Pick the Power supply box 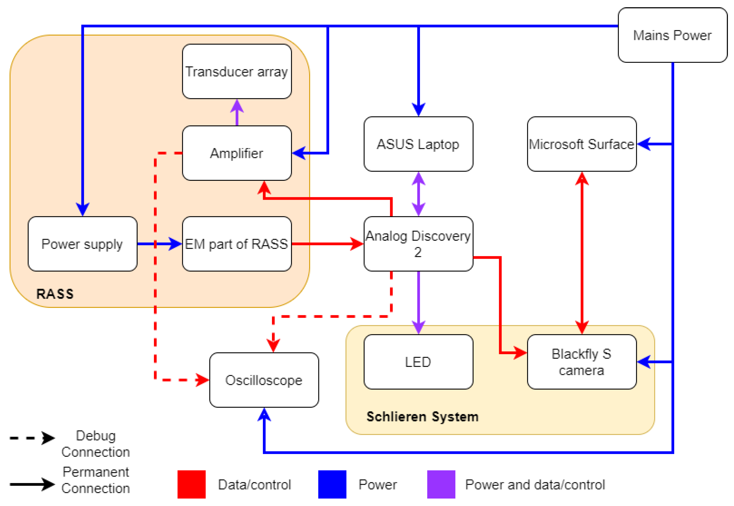click(83, 244)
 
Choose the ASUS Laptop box click(418, 144)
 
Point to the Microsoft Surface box click(581, 144)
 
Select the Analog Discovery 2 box click(418, 244)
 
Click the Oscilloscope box click(264, 380)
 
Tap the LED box click(418, 362)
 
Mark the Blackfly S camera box click(581, 362)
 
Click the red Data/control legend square click(191, 484)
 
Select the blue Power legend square click(332, 484)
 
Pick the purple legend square click(441, 484)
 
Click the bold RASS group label click(55, 294)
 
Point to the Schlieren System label click(422, 417)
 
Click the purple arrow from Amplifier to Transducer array click(237, 113)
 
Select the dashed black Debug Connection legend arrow click(32, 438)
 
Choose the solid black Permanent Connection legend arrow click(32, 484)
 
